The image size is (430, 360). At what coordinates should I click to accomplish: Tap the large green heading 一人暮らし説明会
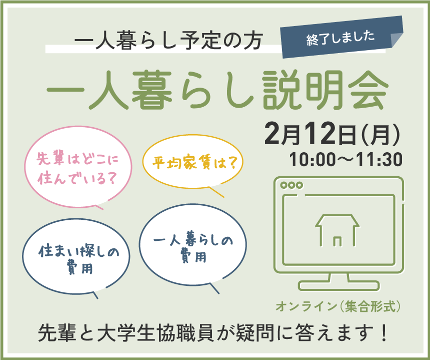pos(217,90)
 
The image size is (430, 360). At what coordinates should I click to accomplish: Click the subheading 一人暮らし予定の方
pos(168,41)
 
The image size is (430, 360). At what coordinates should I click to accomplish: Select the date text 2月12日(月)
pos(332,134)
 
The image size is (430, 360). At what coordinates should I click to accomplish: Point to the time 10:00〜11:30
pos(346,160)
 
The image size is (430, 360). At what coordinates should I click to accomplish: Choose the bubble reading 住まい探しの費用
pos(76,258)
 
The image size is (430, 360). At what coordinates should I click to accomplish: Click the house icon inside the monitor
pos(337,230)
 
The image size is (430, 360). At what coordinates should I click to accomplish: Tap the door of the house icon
pos(337,241)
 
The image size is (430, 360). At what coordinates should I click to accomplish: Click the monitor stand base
pos(339,286)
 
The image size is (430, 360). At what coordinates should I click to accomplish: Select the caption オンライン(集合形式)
pos(338,306)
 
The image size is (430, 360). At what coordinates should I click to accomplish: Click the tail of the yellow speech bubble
pos(216,192)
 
